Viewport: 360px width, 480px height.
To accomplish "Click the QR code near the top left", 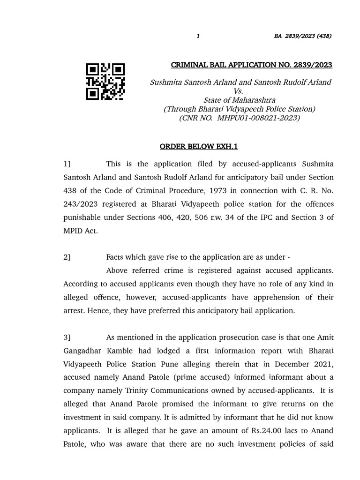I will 105,82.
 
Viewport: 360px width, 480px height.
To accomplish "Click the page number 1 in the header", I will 198,36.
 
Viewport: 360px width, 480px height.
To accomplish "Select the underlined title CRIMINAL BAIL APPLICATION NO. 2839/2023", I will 251,65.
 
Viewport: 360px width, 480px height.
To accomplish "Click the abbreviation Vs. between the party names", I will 239,91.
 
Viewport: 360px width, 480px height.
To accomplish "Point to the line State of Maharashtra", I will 239,100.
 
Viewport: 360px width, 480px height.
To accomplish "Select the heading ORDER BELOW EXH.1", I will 199,147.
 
